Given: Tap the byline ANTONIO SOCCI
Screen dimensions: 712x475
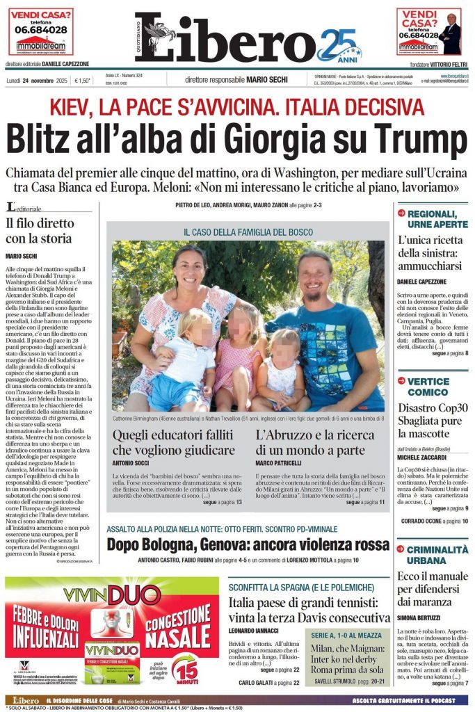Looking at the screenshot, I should [x=134, y=462].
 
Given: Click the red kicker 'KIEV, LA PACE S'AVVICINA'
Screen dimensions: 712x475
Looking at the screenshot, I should [x=237, y=106].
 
